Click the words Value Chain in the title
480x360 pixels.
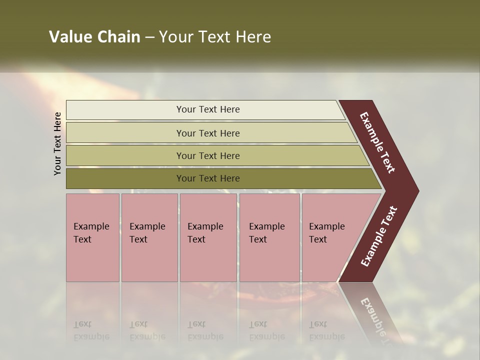94,37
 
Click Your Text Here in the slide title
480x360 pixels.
214,37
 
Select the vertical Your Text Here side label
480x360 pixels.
57,143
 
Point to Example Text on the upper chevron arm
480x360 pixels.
377,142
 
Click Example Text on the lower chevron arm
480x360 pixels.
379,236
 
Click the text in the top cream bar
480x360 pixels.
208,109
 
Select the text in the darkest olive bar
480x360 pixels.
208,178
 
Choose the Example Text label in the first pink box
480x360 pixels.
91,233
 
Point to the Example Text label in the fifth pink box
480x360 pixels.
326,233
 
